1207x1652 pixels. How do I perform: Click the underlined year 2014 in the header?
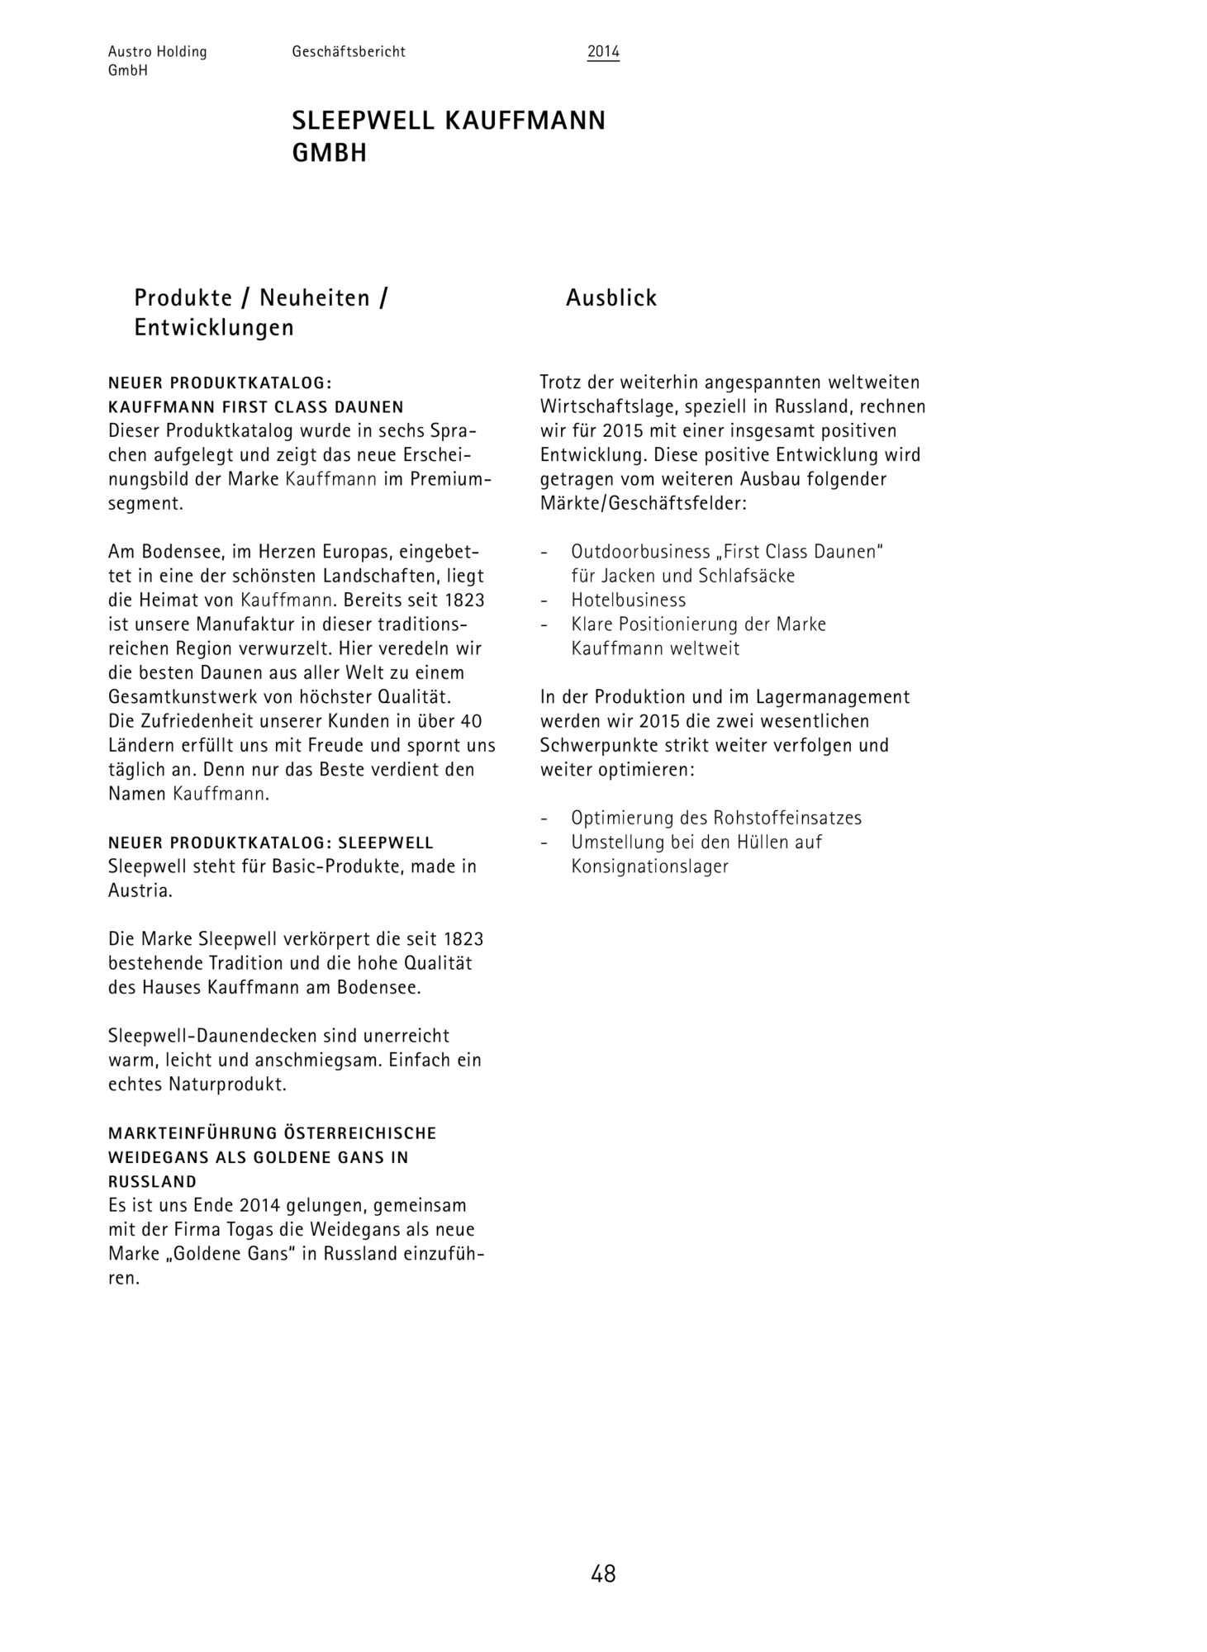pyautogui.click(x=603, y=52)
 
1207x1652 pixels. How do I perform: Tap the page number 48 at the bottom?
pyautogui.click(x=603, y=1574)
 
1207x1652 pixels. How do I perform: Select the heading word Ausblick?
pyautogui.click(x=611, y=298)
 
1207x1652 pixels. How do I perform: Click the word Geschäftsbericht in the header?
pyautogui.click(x=349, y=52)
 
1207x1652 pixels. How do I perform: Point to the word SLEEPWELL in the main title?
pyautogui.click(x=363, y=121)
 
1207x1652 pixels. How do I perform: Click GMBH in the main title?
pyautogui.click(x=329, y=154)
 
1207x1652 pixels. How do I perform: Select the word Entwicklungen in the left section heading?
pyautogui.click(x=214, y=328)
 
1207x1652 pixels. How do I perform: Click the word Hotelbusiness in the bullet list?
pyautogui.click(x=629, y=600)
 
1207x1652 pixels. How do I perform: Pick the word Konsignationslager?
pyautogui.click(x=650, y=866)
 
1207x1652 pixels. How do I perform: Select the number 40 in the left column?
pyautogui.click(x=471, y=721)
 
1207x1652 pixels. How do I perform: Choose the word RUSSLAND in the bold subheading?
pyautogui.click(x=153, y=1182)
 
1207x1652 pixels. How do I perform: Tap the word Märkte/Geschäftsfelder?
pyautogui.click(x=644, y=503)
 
